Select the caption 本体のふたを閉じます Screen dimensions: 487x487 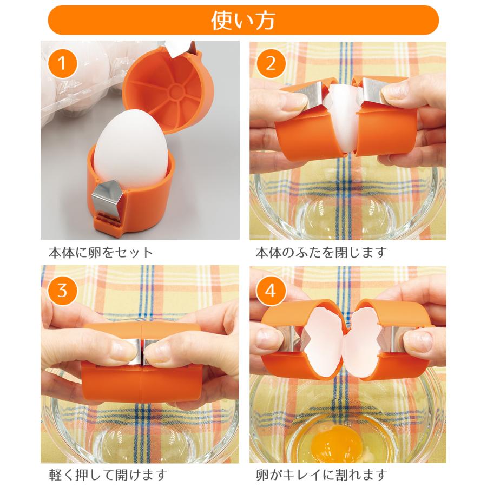(321, 253)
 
